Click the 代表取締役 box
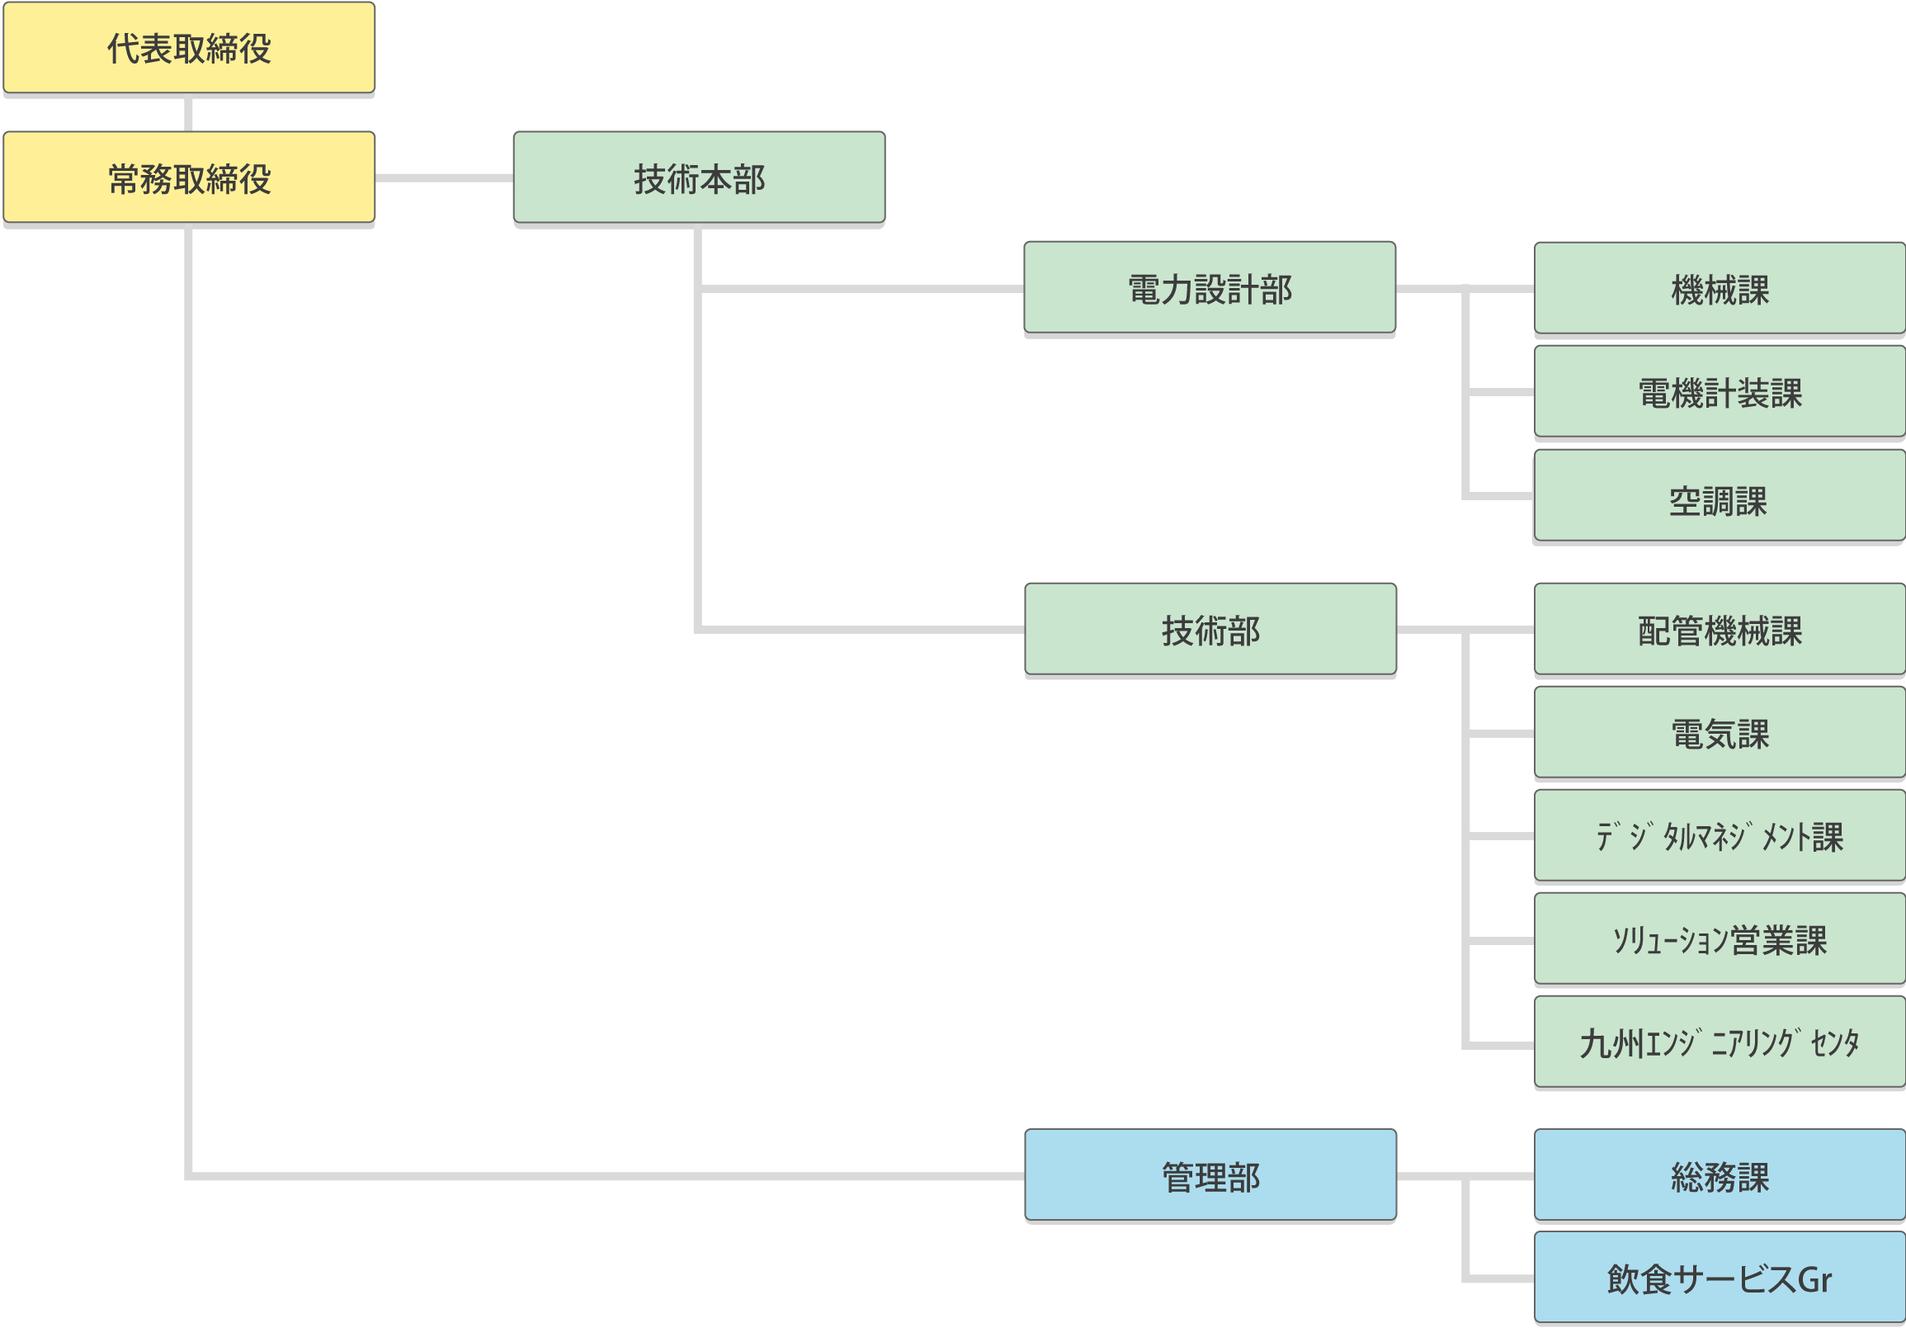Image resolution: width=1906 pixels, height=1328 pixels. tap(189, 47)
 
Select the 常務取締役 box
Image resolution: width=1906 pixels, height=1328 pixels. tap(189, 177)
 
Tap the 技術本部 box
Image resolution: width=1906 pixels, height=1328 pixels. tap(699, 177)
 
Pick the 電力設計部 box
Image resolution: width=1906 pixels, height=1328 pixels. tap(1210, 287)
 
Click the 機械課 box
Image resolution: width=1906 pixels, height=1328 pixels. tap(1720, 288)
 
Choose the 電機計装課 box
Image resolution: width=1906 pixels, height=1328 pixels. tap(1720, 392)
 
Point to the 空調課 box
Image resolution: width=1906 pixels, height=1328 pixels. tap(1720, 496)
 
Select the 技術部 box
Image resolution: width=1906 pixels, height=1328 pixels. tap(1210, 629)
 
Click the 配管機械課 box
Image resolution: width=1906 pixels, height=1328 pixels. tap(1720, 629)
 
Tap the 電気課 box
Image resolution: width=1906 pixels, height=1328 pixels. tap(1720, 733)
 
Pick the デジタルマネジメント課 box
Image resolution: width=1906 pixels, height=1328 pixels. tap(1720, 835)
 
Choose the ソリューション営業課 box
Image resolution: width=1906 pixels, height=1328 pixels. tap(1720, 938)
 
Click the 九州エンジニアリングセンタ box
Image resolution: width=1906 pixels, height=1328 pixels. tap(1720, 1042)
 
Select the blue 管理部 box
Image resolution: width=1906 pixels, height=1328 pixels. tap(1210, 1175)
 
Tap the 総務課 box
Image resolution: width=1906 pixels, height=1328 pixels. tap(1720, 1175)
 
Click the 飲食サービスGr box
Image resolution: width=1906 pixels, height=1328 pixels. tap(1720, 1278)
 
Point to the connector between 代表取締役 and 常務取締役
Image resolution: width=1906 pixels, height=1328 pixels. tap(188, 112)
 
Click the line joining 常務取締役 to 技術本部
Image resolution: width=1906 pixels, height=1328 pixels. tap(444, 177)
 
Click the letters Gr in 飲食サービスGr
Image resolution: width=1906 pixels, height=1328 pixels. tap(1814, 1279)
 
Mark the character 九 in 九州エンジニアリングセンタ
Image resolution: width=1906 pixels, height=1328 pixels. tap(1596, 1044)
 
